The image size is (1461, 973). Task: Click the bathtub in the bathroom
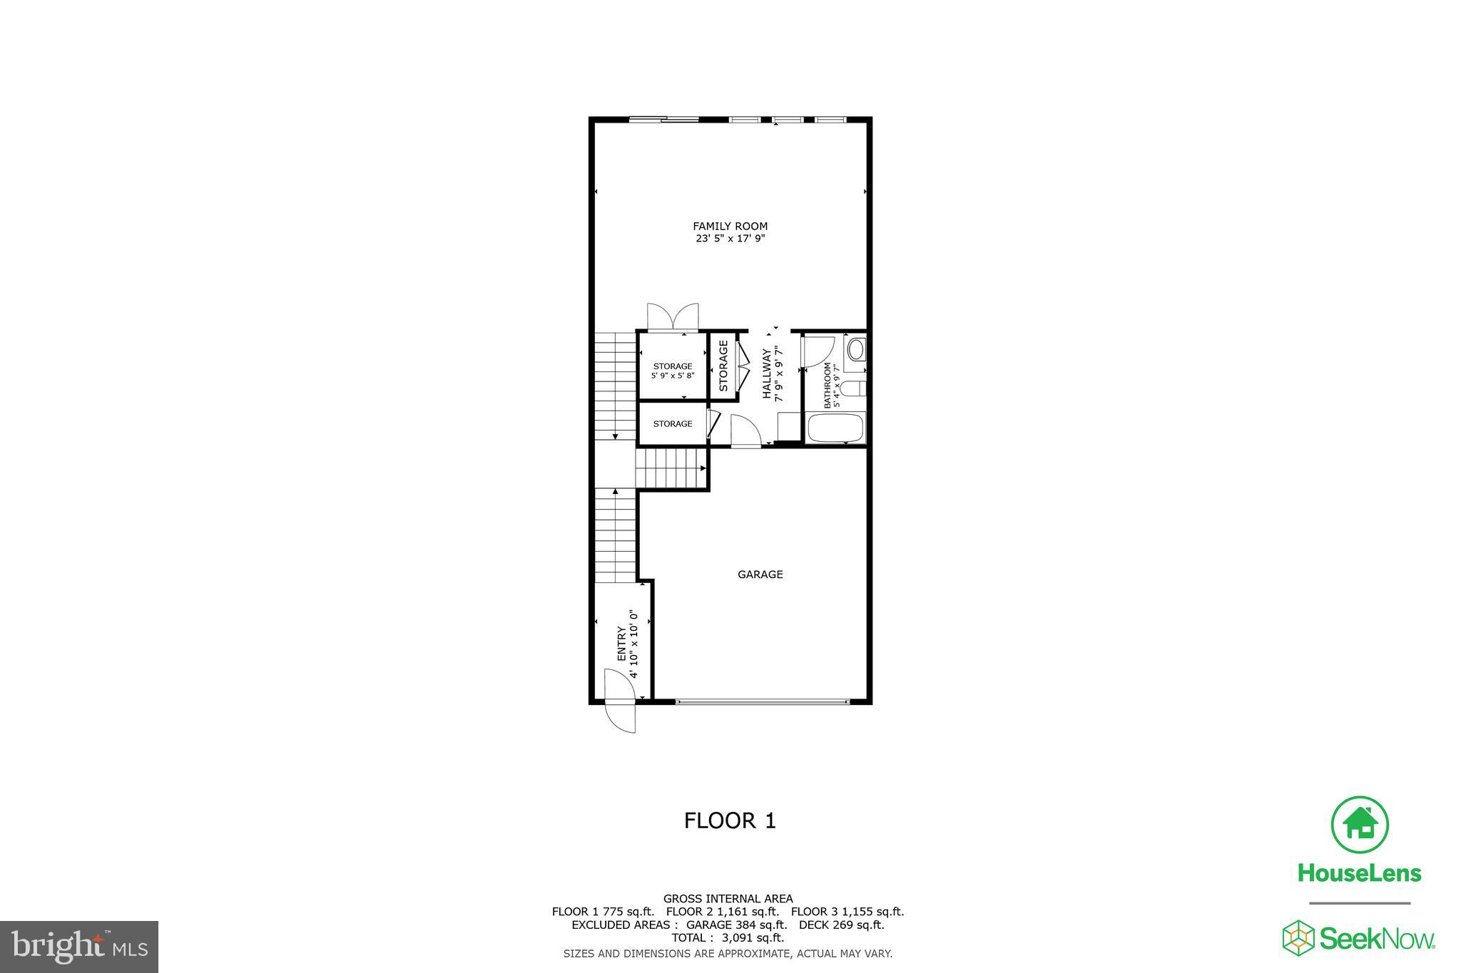835,429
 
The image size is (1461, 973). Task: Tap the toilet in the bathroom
852,388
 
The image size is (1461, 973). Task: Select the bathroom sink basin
855,350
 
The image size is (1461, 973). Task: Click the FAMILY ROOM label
730,227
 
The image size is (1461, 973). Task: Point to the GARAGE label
760,575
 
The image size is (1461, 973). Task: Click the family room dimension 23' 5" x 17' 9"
730,240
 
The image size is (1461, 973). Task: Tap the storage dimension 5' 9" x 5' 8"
673,376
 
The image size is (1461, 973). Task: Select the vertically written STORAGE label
723,366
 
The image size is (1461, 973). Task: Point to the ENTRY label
621,643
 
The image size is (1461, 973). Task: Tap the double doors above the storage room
673,317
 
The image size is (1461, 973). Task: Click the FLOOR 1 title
730,820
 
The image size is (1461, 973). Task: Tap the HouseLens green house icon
1360,824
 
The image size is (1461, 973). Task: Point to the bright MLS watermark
79,947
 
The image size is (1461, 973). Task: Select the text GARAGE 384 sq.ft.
736,925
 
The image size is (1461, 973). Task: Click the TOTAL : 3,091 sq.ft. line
728,937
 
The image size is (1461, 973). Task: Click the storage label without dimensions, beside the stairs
673,423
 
